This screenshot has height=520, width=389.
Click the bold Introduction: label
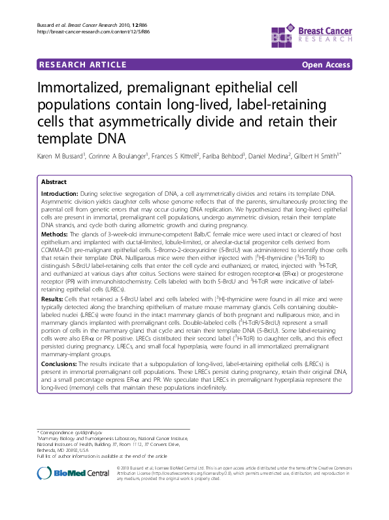point(59,195)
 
